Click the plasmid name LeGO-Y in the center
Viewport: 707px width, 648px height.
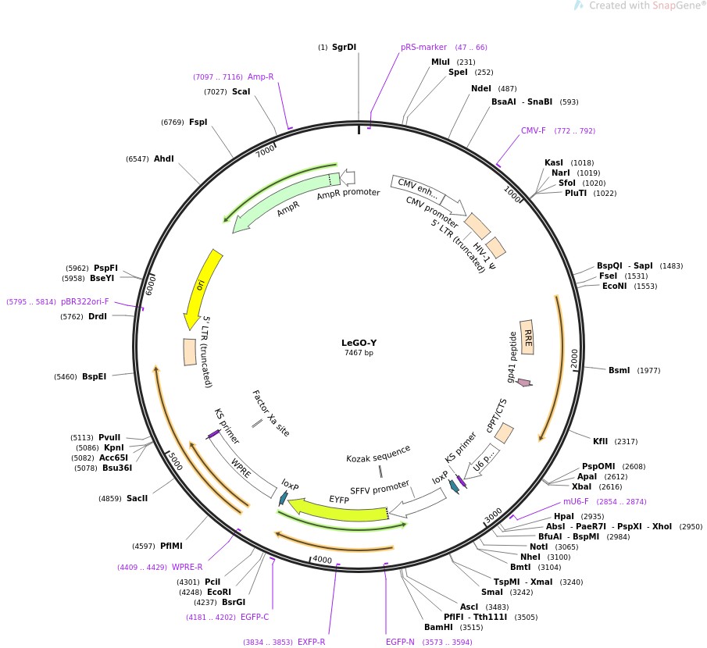pos(359,342)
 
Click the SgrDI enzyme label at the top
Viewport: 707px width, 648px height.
pos(344,48)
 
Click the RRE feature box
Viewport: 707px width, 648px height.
pos(527,336)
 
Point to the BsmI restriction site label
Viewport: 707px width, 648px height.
pos(619,370)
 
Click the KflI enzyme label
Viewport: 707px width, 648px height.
pos(604,442)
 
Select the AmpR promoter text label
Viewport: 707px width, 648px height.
pos(348,194)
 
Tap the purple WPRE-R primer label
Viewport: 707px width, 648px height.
pos(187,567)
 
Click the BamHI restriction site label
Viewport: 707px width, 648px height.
pos(438,627)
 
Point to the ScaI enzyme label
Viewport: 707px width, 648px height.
pos(241,91)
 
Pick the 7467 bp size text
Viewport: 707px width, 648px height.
pos(359,353)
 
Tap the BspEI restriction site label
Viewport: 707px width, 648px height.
pos(94,376)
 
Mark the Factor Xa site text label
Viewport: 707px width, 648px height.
pos(270,414)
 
